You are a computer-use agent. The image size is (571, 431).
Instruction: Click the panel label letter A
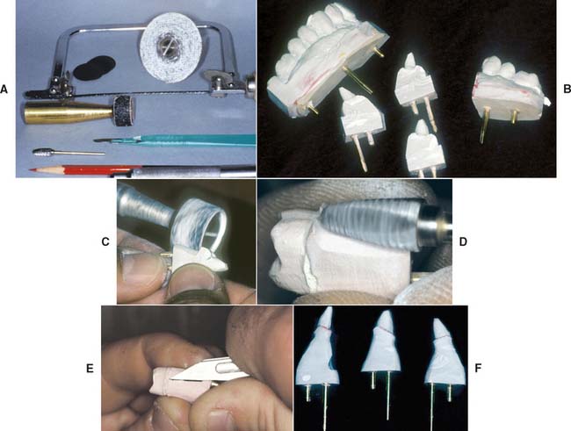(4, 90)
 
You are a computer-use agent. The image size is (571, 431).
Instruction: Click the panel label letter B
(567, 90)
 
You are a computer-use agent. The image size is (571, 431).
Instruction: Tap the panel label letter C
(105, 241)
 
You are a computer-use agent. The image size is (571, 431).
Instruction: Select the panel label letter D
(463, 241)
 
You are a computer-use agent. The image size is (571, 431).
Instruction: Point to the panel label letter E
(90, 369)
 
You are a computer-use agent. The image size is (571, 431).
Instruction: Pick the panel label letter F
(479, 369)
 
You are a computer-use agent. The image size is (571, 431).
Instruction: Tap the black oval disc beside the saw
(94, 68)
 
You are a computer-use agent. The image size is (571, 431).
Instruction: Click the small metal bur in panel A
(69, 153)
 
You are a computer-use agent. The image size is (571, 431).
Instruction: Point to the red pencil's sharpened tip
(31, 169)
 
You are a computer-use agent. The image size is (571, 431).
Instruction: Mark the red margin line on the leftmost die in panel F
(327, 327)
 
